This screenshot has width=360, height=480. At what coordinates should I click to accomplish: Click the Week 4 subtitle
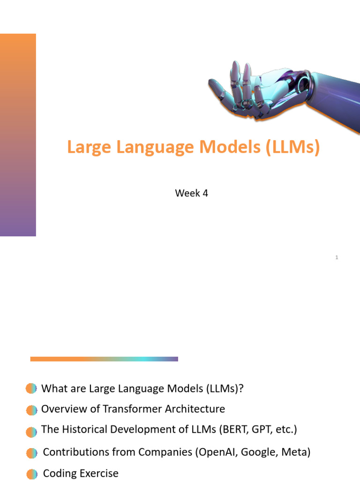(x=191, y=193)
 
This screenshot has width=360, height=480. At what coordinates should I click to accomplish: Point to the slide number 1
(x=337, y=257)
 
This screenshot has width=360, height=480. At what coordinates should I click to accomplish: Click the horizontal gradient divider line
(x=104, y=359)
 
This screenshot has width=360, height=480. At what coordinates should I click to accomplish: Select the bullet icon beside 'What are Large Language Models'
(x=31, y=388)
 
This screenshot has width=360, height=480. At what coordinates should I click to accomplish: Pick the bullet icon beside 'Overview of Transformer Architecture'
(x=31, y=410)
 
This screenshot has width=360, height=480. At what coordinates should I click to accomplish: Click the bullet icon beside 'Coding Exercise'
(x=31, y=474)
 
